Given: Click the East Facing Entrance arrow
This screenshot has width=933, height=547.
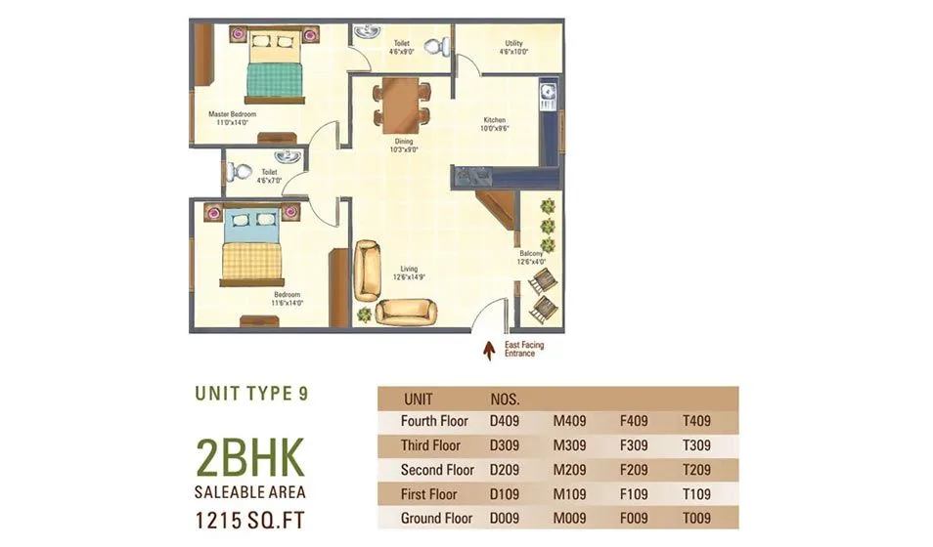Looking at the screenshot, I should pos(490,347).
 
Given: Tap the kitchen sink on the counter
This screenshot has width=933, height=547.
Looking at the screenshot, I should pos(548,94).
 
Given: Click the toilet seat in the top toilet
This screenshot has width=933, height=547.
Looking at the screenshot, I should pos(441,46).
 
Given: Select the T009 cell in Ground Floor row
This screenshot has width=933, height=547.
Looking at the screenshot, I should pos(696,518).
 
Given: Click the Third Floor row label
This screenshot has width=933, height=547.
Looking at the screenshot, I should pos(430,445).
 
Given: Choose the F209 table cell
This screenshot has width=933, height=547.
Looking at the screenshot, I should pos(636,470).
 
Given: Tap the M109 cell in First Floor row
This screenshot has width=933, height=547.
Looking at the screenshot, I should pos(569,494).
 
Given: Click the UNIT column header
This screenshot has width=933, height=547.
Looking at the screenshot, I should pos(418,399).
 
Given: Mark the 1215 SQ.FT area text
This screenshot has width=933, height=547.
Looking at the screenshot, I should pos(250,518).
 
